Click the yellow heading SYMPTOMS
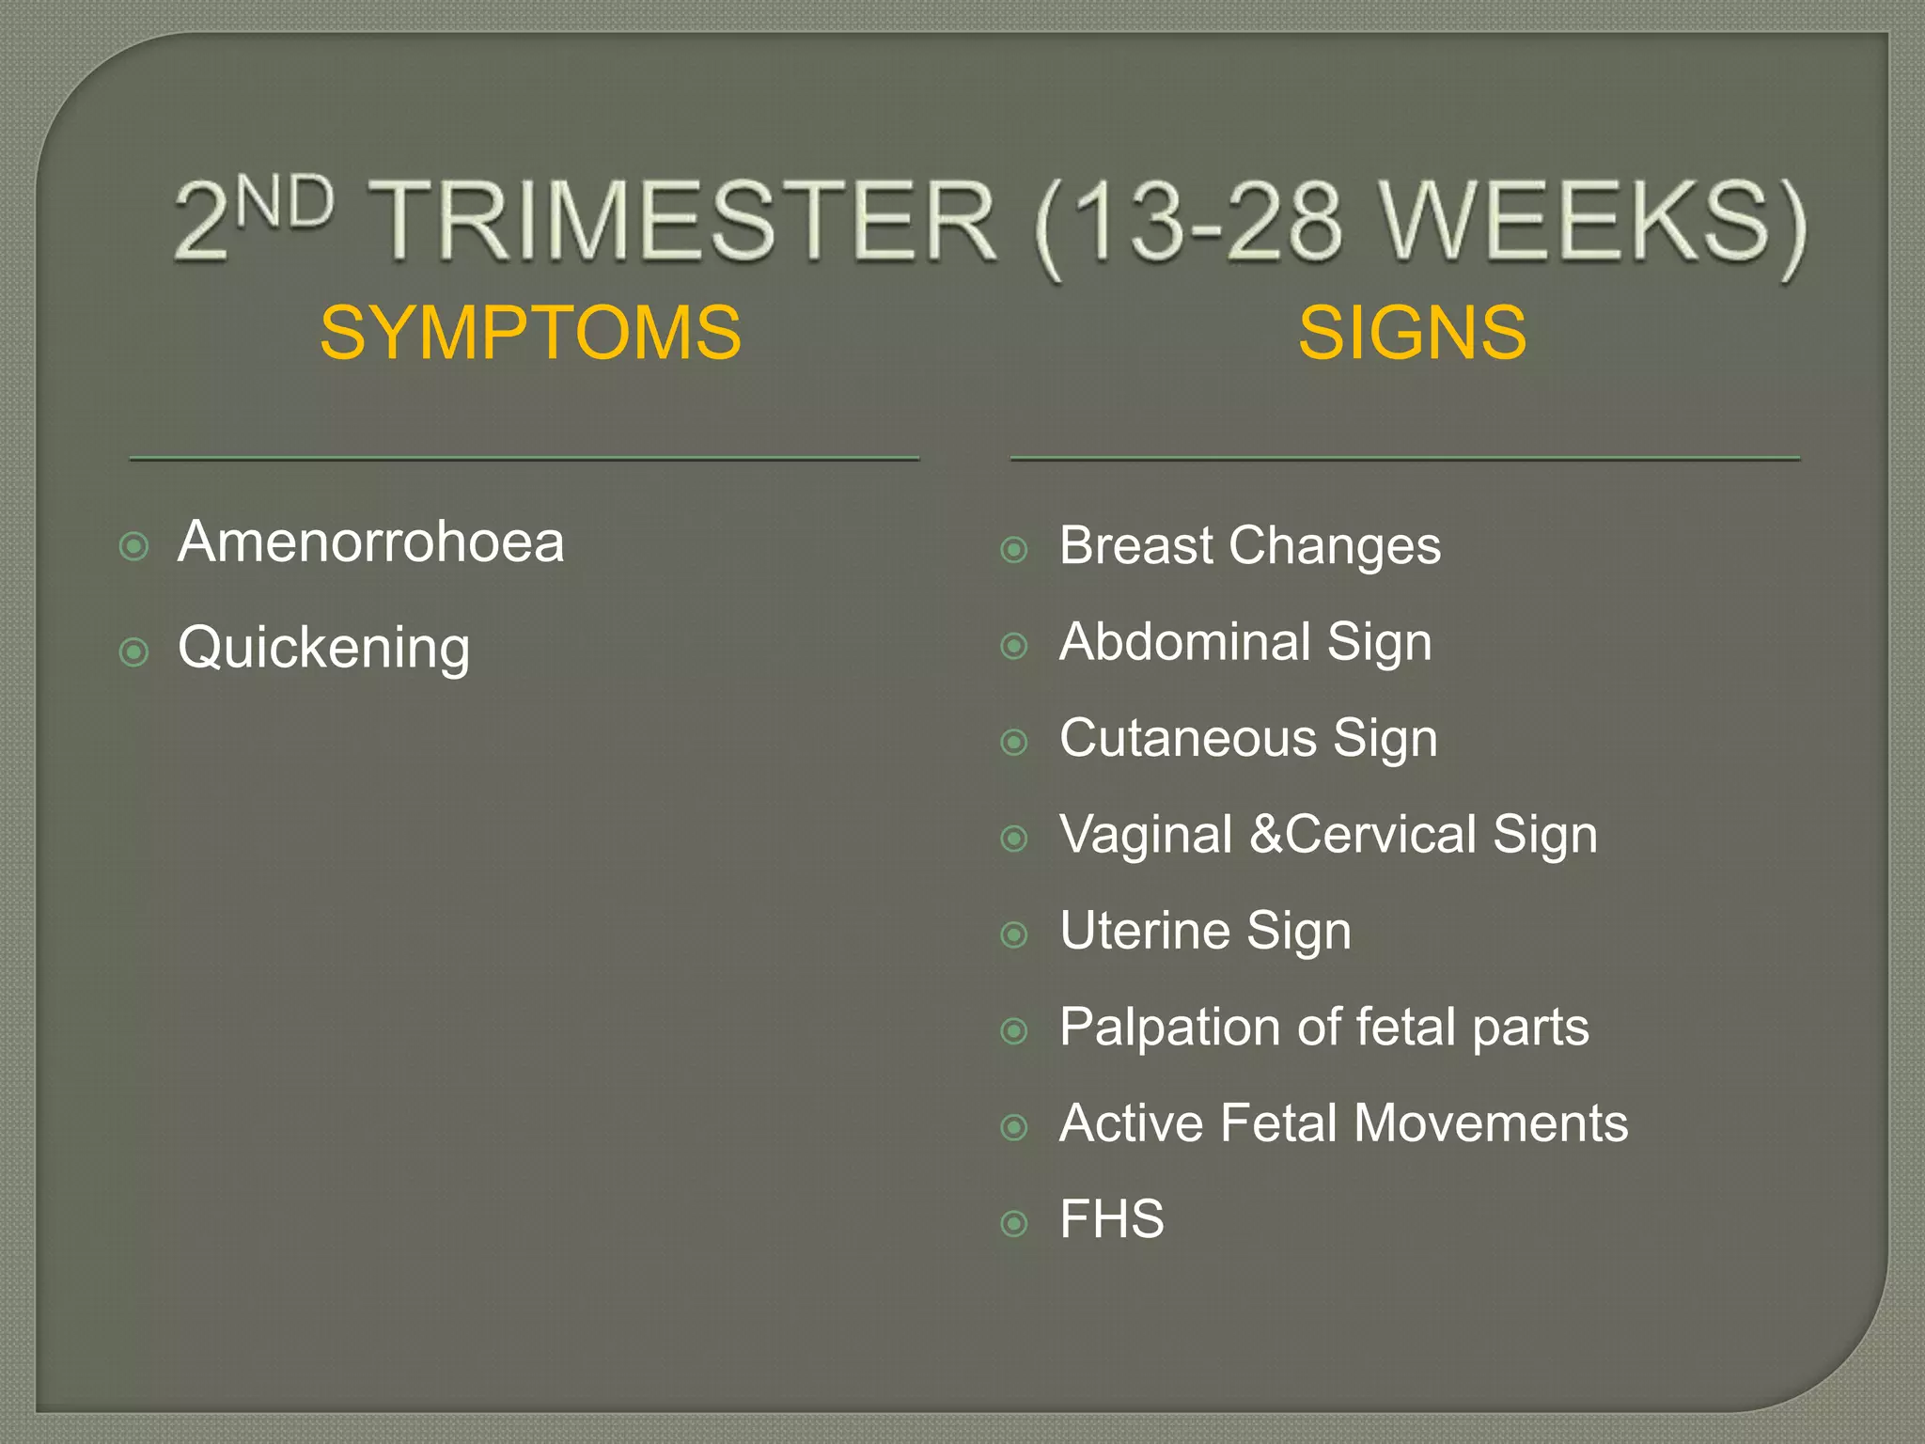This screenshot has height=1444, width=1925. (530, 333)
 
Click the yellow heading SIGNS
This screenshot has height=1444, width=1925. (1412, 333)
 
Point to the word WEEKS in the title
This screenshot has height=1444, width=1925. (1579, 221)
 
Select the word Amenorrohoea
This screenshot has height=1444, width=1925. (370, 542)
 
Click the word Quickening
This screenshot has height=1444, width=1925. (323, 649)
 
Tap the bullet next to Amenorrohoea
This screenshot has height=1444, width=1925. (134, 546)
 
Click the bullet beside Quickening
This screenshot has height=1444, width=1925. (134, 651)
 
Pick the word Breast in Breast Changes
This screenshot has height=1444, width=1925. (1135, 545)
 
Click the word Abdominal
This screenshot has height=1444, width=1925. (1184, 642)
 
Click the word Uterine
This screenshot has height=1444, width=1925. (1144, 931)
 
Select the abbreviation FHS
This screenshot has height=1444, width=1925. (1111, 1220)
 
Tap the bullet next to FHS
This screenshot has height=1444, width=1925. (1014, 1223)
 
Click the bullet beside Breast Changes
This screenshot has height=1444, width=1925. (1014, 549)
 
